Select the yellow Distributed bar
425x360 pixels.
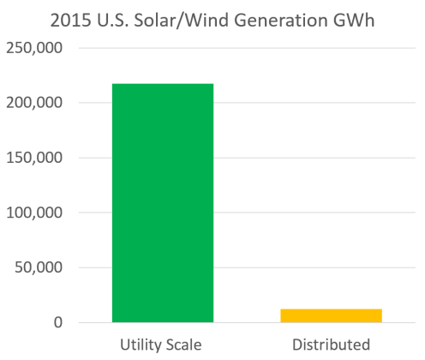(x=331, y=315)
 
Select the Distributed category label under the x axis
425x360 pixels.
(x=331, y=345)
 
